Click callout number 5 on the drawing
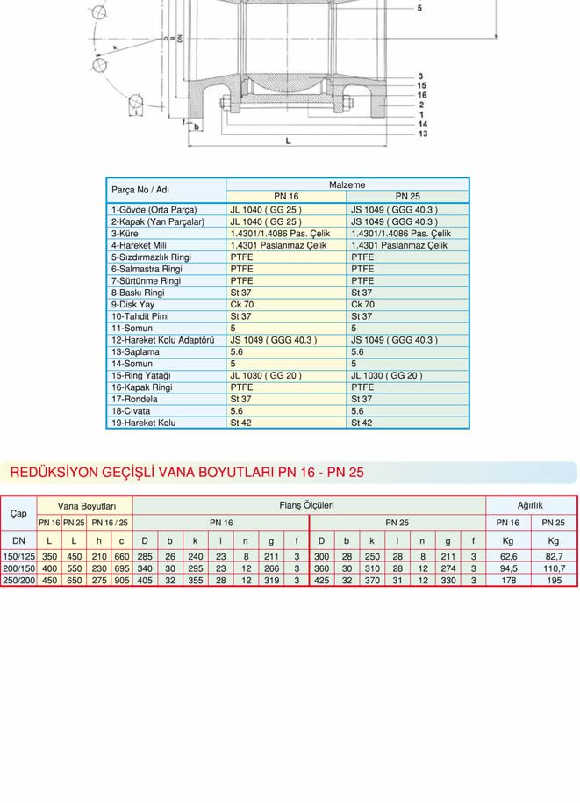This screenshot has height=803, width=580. coord(419,8)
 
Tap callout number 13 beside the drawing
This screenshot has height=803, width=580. coord(423,134)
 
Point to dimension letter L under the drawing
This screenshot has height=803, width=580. coord(289,141)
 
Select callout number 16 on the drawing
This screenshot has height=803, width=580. coord(422,95)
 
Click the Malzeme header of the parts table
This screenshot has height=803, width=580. coord(347,184)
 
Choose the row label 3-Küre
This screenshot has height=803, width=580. coord(125,234)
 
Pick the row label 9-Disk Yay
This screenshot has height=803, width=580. coord(132,305)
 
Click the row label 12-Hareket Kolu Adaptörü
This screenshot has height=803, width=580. coord(162,340)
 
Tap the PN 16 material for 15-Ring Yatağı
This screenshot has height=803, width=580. coord(266,375)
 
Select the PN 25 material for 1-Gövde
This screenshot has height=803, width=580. coord(394,210)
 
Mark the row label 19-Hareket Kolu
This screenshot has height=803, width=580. coord(143,423)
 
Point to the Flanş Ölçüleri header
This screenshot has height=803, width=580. coord(306,505)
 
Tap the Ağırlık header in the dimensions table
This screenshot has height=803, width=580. coord(531,505)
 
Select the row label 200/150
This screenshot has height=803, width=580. coord(18,568)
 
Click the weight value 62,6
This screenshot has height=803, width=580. coord(508,557)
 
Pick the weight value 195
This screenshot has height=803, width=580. coord(554,580)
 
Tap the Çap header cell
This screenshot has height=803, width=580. coord(18,513)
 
